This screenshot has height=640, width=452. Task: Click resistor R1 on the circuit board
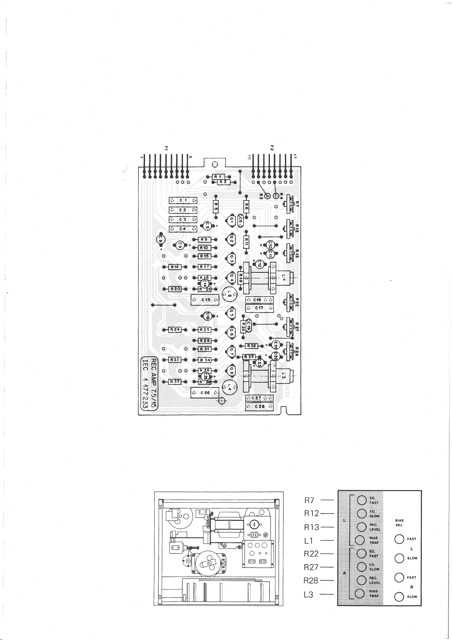(218, 177)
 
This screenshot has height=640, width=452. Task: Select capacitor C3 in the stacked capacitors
(183, 220)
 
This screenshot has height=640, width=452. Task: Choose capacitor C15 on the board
(205, 300)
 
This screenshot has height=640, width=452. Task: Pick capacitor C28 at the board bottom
(260, 406)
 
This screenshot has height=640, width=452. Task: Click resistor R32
(252, 346)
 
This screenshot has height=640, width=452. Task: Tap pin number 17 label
(295, 156)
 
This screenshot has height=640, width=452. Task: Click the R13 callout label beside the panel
(312, 527)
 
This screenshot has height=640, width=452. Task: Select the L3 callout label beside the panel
(309, 594)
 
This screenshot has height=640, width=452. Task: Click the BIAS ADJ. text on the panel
(399, 523)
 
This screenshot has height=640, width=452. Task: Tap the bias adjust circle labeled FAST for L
(399, 539)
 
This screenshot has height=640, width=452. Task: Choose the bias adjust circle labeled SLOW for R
(399, 597)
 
